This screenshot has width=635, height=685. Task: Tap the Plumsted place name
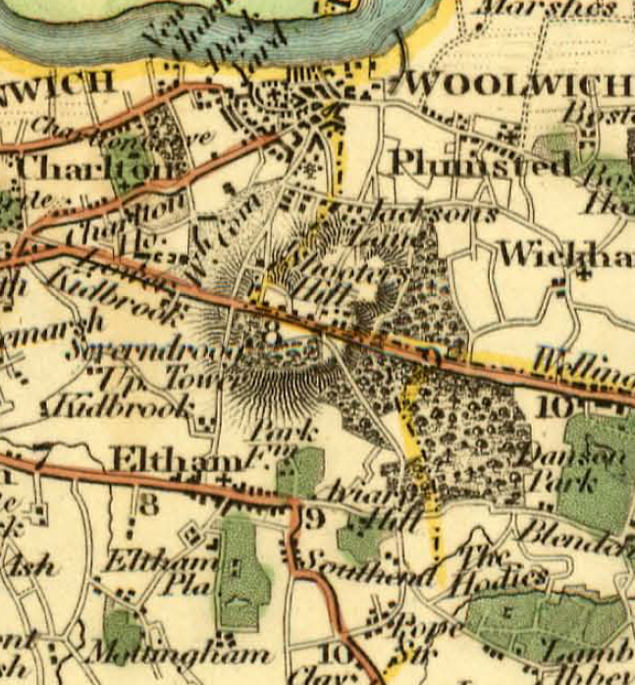[x=481, y=162]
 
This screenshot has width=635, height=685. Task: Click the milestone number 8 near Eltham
[x=148, y=505]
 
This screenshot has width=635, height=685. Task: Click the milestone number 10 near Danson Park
[x=555, y=402]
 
